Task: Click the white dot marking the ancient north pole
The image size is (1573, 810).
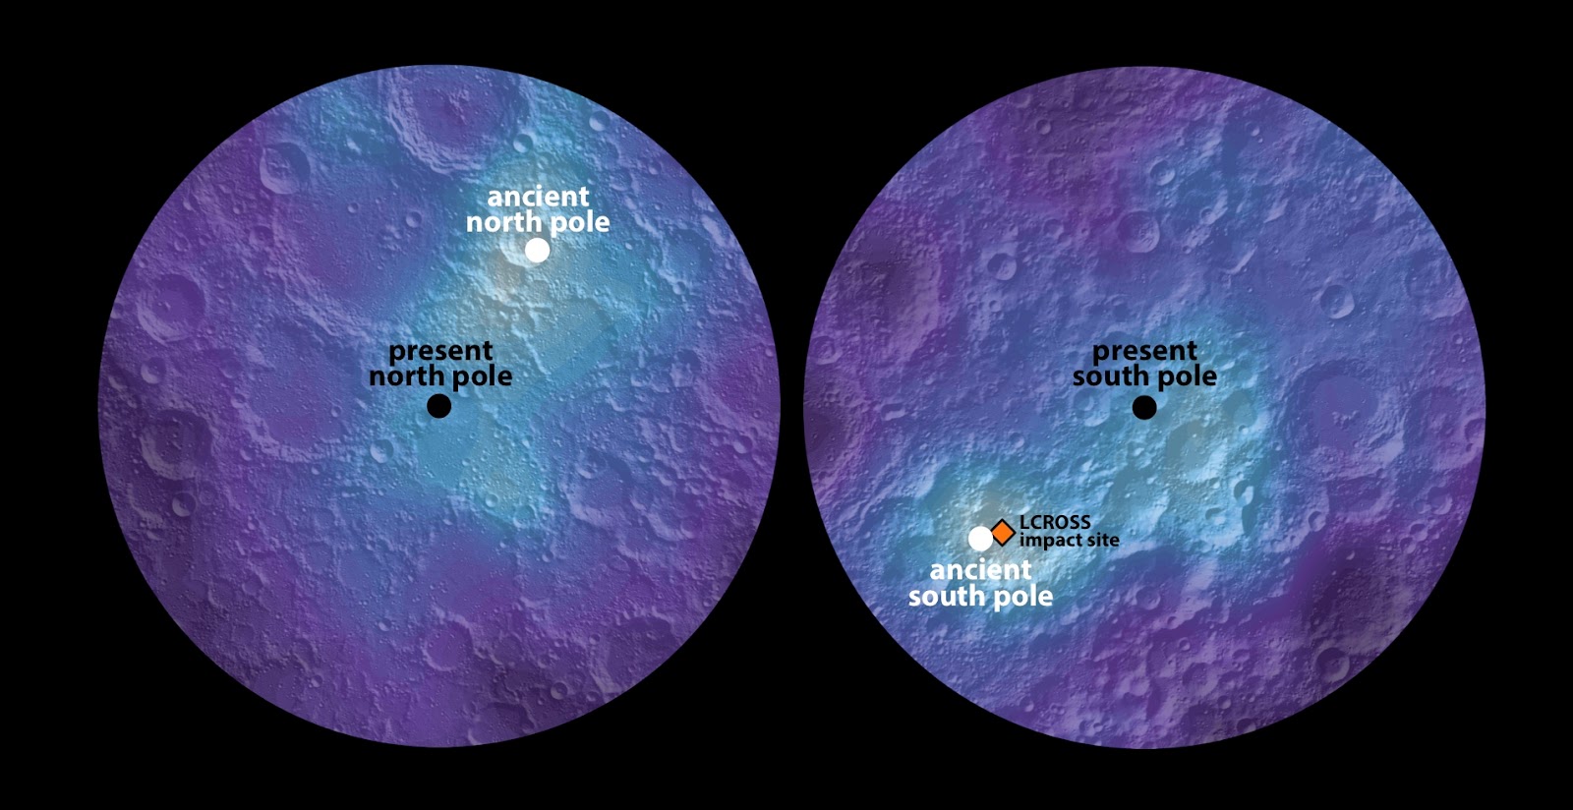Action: (x=537, y=251)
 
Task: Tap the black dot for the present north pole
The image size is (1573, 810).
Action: (x=439, y=405)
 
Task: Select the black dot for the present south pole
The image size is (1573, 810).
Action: (x=1144, y=407)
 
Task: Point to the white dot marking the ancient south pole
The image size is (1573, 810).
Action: (x=980, y=538)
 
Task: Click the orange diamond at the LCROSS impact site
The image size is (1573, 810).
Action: (x=1002, y=532)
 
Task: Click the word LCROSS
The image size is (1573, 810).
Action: (x=1055, y=523)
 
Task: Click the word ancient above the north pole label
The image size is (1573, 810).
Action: (x=538, y=197)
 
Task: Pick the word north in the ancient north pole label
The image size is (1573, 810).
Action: (x=504, y=222)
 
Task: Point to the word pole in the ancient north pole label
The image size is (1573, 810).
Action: (x=579, y=224)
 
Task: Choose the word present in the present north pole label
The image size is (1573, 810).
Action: (x=440, y=351)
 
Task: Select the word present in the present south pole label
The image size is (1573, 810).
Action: (x=1144, y=351)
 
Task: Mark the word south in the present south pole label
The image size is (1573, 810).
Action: (x=1110, y=376)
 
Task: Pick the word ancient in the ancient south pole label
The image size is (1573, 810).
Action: (x=980, y=570)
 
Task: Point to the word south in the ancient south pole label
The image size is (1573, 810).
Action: (x=946, y=596)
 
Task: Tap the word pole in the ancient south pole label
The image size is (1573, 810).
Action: (x=1022, y=598)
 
